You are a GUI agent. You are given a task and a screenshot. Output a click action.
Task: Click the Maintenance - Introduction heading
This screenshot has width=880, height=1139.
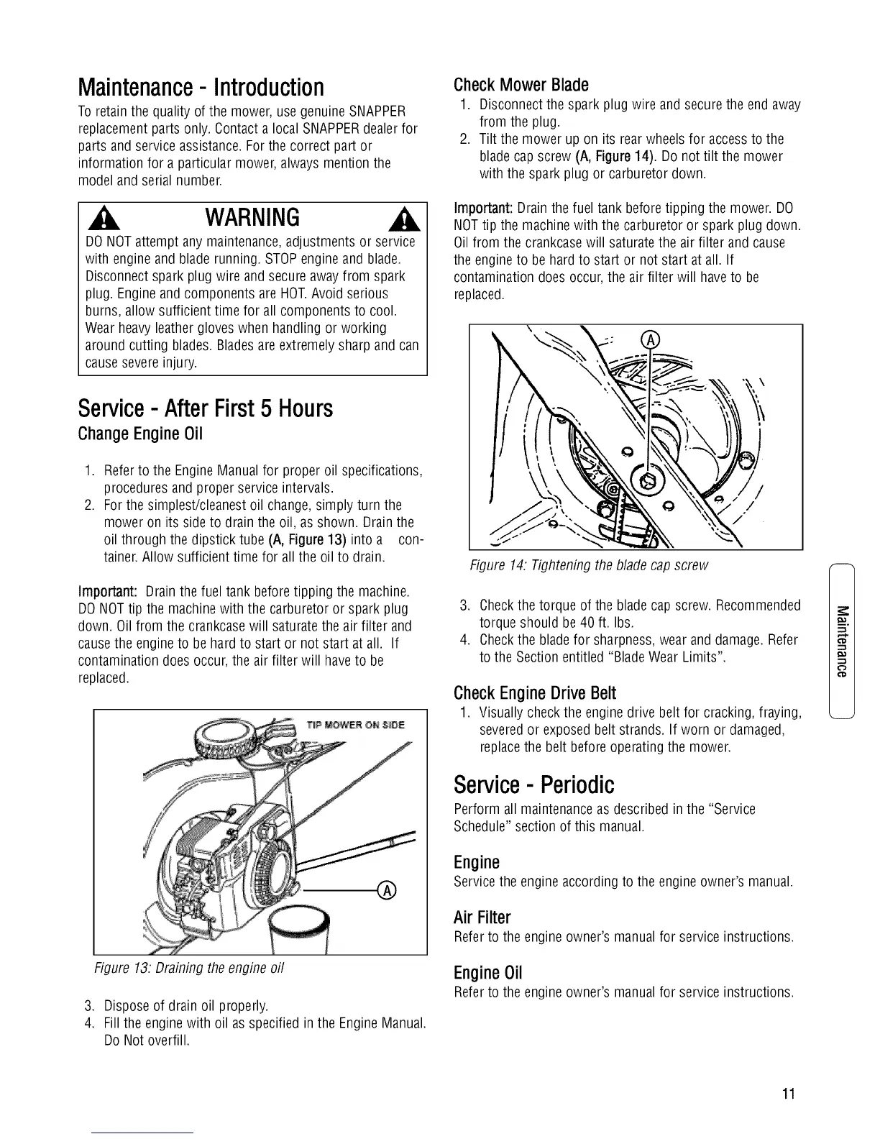point(201,87)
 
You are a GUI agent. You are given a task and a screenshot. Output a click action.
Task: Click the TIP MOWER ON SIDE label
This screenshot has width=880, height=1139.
point(355,724)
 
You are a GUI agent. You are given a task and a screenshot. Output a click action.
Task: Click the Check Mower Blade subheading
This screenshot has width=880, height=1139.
point(521,85)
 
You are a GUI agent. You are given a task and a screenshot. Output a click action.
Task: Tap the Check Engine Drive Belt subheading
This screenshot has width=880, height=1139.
point(535,693)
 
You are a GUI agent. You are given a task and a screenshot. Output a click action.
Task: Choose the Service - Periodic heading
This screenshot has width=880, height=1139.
point(534,783)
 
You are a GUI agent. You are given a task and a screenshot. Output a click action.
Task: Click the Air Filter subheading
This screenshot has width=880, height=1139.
point(482,918)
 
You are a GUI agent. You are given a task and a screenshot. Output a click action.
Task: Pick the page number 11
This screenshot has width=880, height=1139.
point(789,1094)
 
